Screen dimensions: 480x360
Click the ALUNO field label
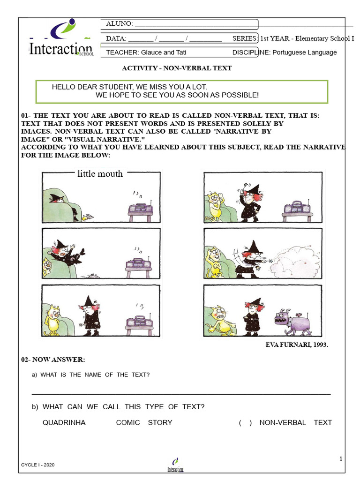(120, 24)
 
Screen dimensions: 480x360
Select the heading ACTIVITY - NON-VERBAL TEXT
(177, 68)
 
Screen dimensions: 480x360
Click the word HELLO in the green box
(63, 87)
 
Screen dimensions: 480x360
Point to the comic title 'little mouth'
(100, 174)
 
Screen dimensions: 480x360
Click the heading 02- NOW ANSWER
(53, 360)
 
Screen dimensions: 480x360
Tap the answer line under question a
(181, 394)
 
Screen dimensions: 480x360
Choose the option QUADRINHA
(64, 422)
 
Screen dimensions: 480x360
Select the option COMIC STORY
(144, 422)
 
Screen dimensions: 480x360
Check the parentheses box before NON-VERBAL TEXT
(245, 423)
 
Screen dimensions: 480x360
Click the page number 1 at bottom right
(341, 459)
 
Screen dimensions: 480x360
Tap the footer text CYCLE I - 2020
(38, 465)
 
